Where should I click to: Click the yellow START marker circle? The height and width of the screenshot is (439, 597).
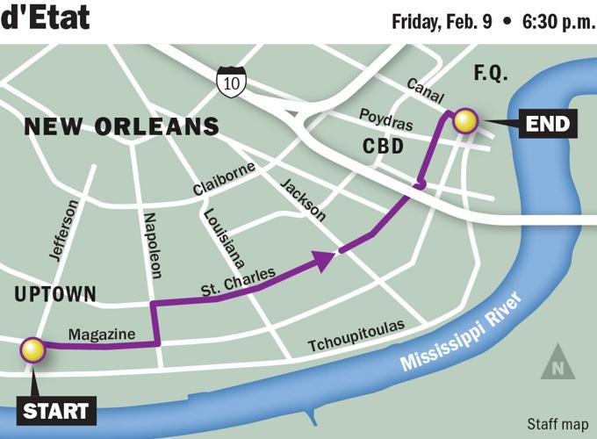[33, 349]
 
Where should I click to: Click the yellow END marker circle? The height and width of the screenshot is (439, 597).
[464, 120]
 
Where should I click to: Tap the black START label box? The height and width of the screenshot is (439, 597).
[55, 410]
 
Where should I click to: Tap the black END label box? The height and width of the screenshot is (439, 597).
[547, 125]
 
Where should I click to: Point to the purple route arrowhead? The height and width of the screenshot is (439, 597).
[326, 257]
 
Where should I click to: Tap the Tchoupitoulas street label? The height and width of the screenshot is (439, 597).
[356, 337]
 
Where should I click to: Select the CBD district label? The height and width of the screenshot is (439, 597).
[383, 147]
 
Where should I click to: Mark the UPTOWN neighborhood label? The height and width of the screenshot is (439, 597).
[55, 295]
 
